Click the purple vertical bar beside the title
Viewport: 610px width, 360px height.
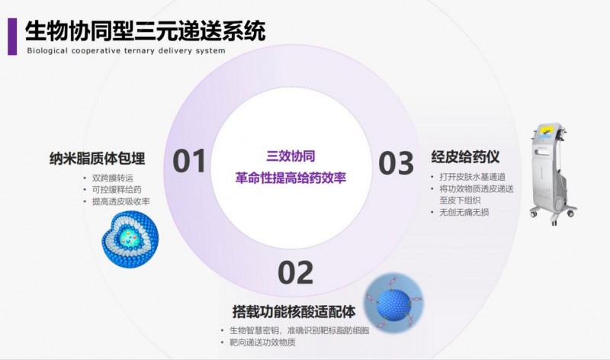12,37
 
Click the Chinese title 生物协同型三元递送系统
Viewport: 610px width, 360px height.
146,31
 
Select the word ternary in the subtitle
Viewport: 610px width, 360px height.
140,50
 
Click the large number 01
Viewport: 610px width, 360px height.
189,161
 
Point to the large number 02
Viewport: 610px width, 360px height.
296,273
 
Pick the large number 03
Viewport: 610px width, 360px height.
396,163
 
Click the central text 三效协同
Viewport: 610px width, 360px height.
291,156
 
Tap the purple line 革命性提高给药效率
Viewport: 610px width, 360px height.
291,178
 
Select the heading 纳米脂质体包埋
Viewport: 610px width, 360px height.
98,159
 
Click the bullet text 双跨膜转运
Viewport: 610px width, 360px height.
113,178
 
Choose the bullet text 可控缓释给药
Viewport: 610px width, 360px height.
117,190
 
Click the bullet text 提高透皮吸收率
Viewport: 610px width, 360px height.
121,201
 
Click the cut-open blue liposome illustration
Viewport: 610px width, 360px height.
130,239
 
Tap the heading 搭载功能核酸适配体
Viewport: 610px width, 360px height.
294,312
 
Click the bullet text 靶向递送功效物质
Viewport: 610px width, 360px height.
262,342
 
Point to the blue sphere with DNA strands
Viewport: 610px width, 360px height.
393,301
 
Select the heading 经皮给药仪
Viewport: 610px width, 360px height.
465,157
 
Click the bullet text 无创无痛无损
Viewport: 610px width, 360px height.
464,213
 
